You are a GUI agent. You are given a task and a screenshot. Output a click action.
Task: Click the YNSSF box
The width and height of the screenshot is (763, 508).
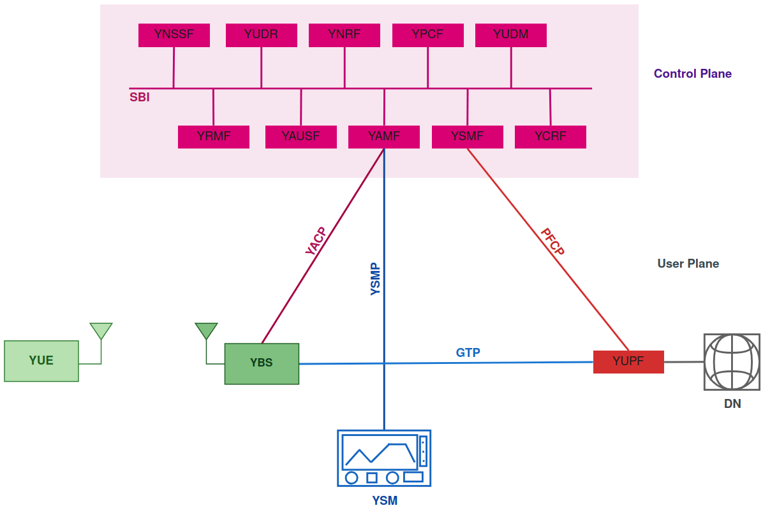coord(174,35)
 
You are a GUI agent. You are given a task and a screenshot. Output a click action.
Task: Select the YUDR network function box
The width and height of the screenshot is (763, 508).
coord(261,35)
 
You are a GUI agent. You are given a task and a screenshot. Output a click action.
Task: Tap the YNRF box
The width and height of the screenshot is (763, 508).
coord(344,35)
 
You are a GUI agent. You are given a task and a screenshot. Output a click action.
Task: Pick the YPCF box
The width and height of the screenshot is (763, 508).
coord(427,35)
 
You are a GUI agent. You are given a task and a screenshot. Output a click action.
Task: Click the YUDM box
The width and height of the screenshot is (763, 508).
coord(511,35)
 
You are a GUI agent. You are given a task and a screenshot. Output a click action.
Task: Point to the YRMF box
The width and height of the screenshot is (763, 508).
coord(214,136)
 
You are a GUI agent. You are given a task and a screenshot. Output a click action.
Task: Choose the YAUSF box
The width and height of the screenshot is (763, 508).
coord(300,136)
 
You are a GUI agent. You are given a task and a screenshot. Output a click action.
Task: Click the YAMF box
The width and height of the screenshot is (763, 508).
coord(384,136)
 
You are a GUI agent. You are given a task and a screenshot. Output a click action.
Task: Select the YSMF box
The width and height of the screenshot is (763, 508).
coord(468,136)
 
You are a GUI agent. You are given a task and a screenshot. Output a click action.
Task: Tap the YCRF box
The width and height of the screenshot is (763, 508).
coord(551,136)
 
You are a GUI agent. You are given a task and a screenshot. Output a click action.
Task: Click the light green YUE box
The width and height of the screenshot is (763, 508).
coord(41,361)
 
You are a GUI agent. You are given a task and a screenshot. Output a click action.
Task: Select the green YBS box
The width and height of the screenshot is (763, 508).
coord(262,363)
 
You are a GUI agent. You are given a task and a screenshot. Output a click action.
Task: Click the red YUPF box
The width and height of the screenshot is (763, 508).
coord(628,361)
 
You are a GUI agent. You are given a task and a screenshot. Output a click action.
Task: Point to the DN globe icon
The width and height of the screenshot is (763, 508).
coord(732,362)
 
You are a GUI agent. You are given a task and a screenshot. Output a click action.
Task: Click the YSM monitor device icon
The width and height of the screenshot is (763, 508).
coord(384,458)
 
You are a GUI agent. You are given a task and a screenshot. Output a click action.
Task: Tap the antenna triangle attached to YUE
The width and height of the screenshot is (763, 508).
coord(101,330)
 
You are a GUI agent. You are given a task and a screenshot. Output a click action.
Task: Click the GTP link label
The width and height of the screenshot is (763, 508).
coord(468,352)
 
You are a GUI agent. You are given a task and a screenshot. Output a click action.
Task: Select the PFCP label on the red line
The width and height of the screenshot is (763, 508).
coord(552,242)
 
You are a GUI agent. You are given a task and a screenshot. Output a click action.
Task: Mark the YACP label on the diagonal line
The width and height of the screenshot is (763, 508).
coord(316,242)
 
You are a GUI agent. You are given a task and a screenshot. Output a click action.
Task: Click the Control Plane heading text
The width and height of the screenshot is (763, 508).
coord(693,74)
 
